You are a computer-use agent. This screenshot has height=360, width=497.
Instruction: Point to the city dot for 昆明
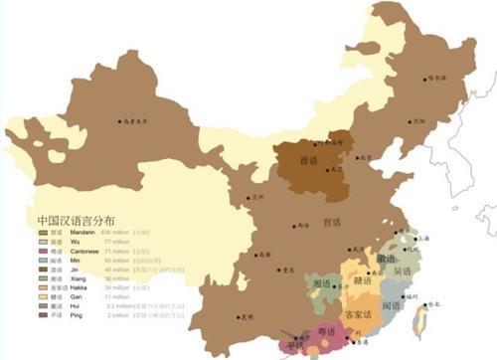pos(239,316)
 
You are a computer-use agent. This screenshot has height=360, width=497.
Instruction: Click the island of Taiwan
pos(422,320)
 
